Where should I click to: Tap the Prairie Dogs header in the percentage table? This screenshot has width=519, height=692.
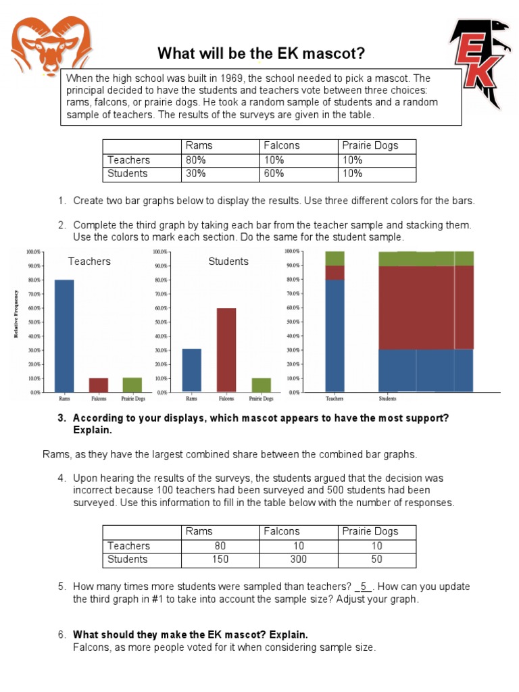pyautogui.click(x=370, y=146)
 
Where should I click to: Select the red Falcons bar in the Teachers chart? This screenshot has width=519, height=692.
pyautogui.click(x=99, y=385)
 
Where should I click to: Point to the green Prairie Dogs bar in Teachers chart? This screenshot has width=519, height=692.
pyautogui.click(x=132, y=385)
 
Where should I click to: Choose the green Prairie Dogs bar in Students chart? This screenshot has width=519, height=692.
pyautogui.click(x=261, y=385)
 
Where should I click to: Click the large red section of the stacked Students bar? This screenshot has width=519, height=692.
pyautogui.click(x=426, y=307)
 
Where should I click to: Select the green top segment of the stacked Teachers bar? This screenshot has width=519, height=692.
pyautogui.click(x=335, y=258)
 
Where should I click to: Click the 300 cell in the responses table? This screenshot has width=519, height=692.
pyautogui.click(x=298, y=559)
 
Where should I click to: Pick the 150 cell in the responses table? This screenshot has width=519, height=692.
pyautogui.click(x=220, y=559)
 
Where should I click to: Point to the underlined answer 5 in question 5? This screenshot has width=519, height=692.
pyautogui.click(x=363, y=587)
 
